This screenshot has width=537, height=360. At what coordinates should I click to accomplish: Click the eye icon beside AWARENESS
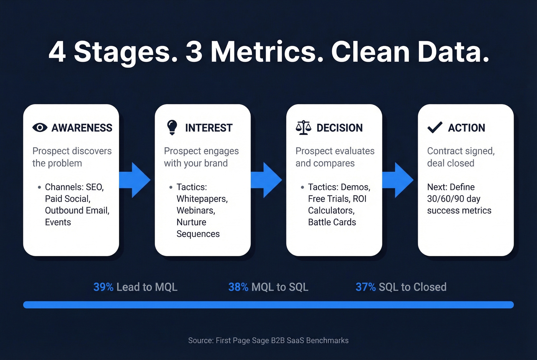point(40,128)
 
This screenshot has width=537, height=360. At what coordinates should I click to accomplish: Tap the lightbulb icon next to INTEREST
point(172,127)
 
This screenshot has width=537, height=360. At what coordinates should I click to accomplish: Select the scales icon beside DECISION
point(303,128)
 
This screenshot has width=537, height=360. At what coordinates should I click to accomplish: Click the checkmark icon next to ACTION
point(435,127)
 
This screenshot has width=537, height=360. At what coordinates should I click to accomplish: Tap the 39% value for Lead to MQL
point(103,287)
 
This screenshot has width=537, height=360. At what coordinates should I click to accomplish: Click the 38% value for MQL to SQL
point(238,287)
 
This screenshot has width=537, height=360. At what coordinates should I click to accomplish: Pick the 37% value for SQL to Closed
point(366,287)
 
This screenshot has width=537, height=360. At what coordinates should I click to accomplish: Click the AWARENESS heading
point(82,128)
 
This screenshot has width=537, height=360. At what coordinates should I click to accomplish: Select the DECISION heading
point(339,128)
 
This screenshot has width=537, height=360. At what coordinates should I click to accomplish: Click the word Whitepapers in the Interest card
point(202,199)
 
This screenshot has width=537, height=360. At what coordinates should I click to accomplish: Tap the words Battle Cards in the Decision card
point(332,222)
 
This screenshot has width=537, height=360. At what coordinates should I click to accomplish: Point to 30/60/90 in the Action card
point(445,199)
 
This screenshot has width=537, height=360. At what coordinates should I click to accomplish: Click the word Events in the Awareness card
point(58,222)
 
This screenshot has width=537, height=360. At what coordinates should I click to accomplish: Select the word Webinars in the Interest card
point(196,210)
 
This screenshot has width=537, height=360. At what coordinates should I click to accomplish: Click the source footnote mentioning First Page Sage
point(268,340)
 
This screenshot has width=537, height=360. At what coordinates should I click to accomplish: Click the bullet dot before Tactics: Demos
point(302,187)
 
